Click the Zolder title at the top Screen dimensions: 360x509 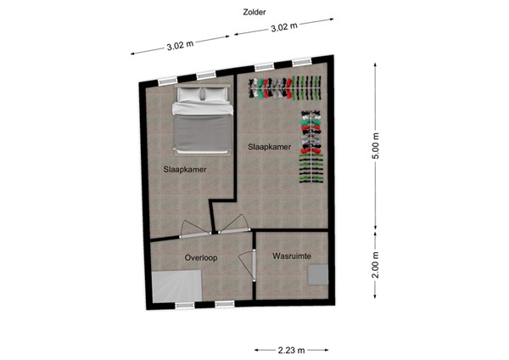tap(253, 11)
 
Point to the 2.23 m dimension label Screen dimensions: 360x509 tap(290, 348)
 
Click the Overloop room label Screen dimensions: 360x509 tap(202, 257)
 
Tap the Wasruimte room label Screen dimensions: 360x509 tap(291, 256)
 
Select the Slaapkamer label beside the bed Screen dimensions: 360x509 tap(185, 169)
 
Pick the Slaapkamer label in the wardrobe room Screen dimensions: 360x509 tap(270, 147)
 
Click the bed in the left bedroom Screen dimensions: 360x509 tap(202, 123)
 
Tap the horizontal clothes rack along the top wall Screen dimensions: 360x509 tap(286, 87)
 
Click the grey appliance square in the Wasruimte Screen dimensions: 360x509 tap(319, 273)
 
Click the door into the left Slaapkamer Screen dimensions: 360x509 tap(194, 227)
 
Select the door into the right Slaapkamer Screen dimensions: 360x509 tap(232, 223)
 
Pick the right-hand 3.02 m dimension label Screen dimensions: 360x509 tap(282, 26)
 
